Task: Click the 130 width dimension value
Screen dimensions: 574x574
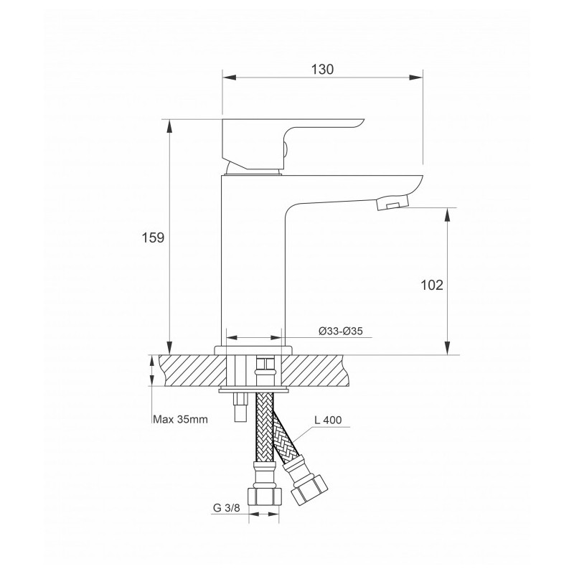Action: pos(322,69)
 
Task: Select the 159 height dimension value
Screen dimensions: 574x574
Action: pos(153,238)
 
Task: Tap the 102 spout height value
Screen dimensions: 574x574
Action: pos(432,285)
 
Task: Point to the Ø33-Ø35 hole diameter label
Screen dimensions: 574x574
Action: pos(340,331)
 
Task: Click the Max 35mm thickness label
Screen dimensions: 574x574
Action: pos(180,419)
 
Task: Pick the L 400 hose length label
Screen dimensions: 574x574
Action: pos(328,420)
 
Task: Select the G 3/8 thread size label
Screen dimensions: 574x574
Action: pos(226,508)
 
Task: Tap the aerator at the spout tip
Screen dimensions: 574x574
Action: pos(392,202)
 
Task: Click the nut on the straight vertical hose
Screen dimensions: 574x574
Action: pos(265,497)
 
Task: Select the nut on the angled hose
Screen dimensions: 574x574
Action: pos(310,491)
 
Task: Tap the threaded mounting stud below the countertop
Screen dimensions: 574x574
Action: pos(240,407)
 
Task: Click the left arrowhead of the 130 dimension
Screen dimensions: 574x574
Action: pos(229,77)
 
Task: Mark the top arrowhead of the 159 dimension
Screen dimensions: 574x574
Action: pos(169,126)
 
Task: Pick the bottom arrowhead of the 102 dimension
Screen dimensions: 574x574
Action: pos(447,348)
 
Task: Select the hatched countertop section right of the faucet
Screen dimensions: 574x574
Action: pos(313,370)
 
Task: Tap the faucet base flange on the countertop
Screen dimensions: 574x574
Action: pos(253,350)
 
